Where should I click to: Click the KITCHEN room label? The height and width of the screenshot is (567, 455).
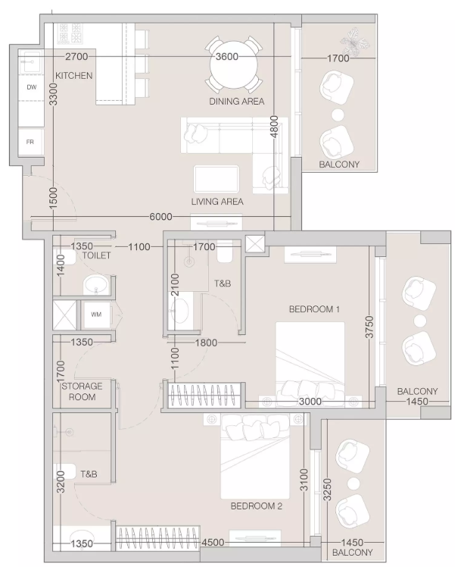click(x=74, y=76)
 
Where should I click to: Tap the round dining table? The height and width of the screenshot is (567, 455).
click(x=234, y=66)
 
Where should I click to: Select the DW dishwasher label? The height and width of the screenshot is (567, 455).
click(x=32, y=87)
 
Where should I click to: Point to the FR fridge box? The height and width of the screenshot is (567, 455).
click(x=31, y=142)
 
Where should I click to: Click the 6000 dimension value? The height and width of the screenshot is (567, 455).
click(x=160, y=217)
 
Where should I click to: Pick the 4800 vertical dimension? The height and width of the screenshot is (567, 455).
click(x=275, y=127)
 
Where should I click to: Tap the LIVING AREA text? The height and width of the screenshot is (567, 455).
click(x=217, y=202)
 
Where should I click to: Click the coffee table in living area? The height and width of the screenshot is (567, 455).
click(x=217, y=180)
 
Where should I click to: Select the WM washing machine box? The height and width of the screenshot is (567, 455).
click(x=95, y=315)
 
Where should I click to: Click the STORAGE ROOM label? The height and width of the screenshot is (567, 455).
click(x=82, y=391)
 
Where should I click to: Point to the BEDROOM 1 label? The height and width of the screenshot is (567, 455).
click(x=314, y=309)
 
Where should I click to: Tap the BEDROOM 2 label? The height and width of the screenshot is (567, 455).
click(x=257, y=506)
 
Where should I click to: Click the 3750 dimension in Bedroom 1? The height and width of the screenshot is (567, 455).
click(x=369, y=327)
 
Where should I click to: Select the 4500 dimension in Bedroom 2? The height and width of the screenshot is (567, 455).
click(x=213, y=543)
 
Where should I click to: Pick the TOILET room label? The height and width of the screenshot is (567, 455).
click(x=96, y=255)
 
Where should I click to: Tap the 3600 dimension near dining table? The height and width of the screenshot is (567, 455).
click(x=227, y=56)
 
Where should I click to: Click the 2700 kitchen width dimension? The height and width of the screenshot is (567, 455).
click(x=76, y=56)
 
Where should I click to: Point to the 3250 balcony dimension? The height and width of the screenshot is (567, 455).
click(x=327, y=490)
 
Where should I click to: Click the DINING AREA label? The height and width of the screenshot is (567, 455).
click(x=237, y=102)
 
